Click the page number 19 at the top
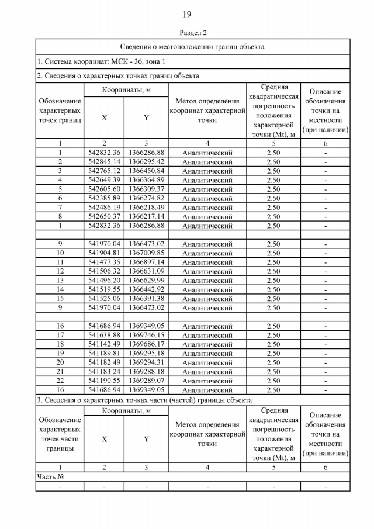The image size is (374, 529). [187, 14]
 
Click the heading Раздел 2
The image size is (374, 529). [187, 33]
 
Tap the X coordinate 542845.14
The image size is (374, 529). [104, 162]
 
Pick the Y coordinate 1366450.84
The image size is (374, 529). [146, 171]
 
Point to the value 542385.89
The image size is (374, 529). [104, 198]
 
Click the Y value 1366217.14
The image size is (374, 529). [146, 216]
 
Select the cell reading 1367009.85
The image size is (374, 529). [146, 253]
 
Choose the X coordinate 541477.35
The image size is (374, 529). [104, 262]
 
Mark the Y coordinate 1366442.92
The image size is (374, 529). [146, 289]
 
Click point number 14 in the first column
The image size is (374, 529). [60, 289]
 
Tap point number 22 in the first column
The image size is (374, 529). [60, 381]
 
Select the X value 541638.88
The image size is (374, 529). [104, 335]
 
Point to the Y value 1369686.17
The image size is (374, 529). [146, 344]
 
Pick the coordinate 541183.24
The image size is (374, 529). [104, 371]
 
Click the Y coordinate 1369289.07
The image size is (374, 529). [146, 381]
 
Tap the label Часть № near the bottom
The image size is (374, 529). [50, 477]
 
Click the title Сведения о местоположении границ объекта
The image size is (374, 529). [192, 46]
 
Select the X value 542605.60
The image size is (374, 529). [104, 189]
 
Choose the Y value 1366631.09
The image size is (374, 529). [146, 271]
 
